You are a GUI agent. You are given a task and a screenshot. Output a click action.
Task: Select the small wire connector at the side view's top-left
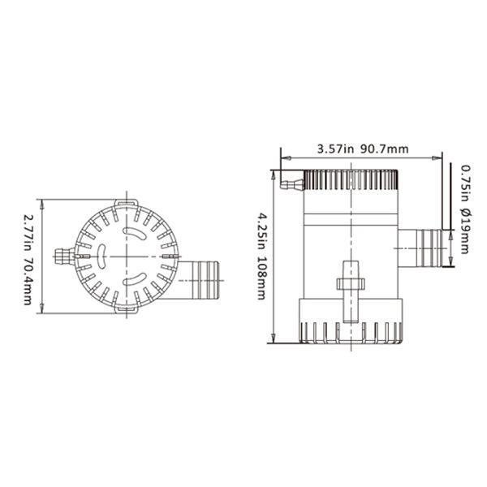pyautogui.click(x=288, y=183)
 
